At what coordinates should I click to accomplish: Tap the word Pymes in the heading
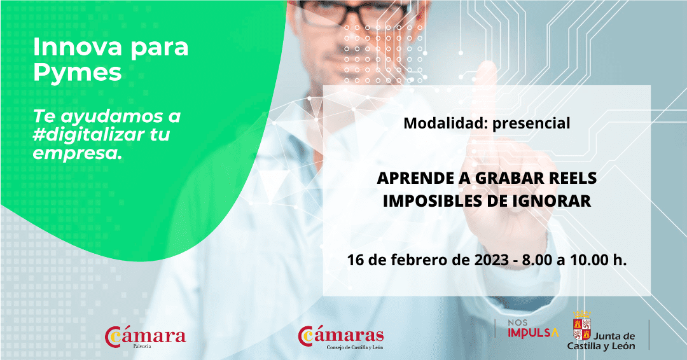click(x=77, y=73)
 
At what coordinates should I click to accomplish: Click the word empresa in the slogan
click(x=76, y=153)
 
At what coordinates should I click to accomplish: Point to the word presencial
click(x=531, y=123)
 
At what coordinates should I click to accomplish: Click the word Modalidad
click(x=444, y=123)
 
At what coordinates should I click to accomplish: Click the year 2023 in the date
click(x=492, y=260)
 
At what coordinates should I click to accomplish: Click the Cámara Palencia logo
click(x=146, y=338)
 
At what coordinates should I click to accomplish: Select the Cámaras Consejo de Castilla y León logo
click(x=341, y=338)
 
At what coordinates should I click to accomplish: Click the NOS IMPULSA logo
click(x=533, y=329)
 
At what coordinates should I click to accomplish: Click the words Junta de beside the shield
click(x=614, y=336)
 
